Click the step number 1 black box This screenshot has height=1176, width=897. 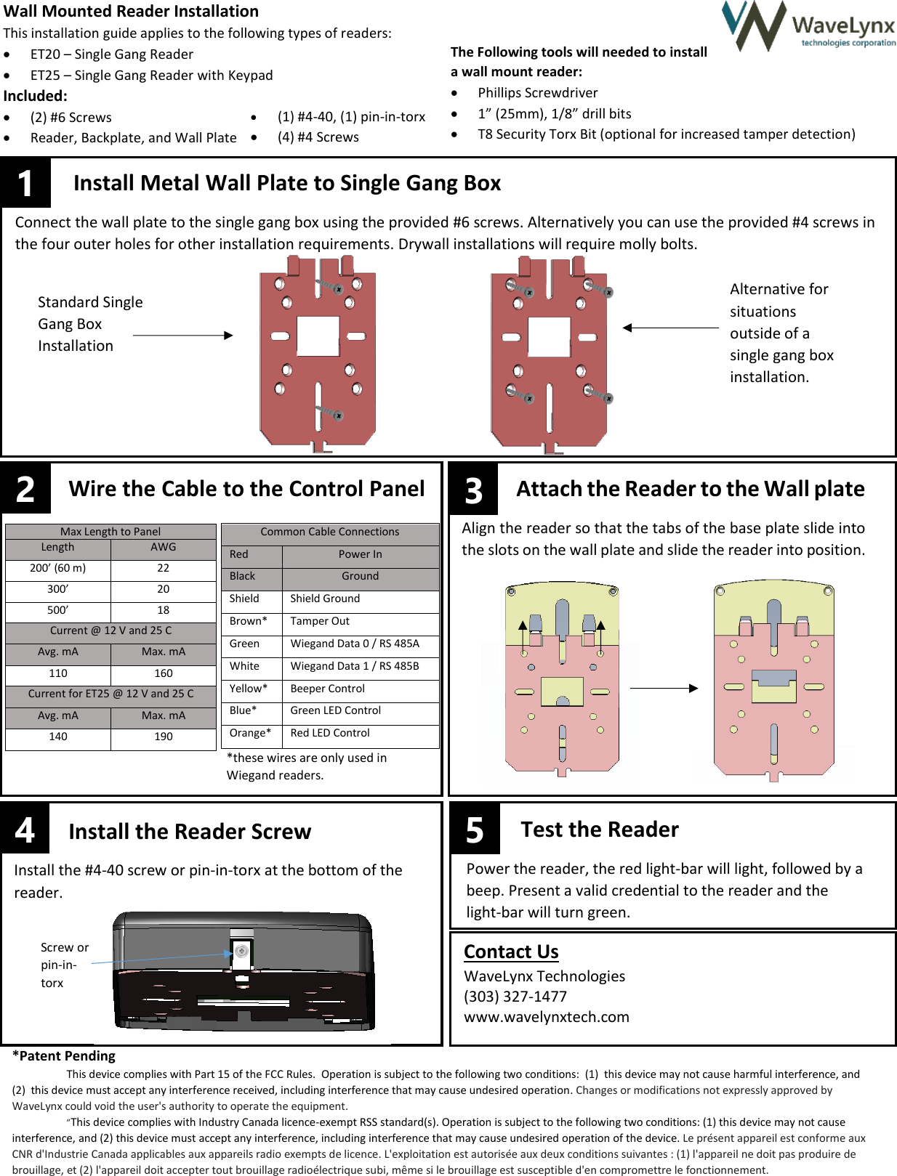coord(25,183)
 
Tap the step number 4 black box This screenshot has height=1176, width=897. coord(25,830)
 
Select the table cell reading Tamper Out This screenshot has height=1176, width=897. coord(320,621)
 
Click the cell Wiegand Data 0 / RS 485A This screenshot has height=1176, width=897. coord(354,644)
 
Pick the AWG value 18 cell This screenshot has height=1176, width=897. coord(164,610)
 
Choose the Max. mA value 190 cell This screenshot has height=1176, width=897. coord(164,737)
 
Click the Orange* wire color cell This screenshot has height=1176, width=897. coord(250,733)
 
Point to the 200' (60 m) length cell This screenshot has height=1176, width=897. coord(58,568)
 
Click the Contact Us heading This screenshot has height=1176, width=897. coord(511,952)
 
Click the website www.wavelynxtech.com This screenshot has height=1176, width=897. coord(546,1017)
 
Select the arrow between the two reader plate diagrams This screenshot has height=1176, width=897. coord(663,688)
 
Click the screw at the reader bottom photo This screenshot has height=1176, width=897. coord(242,951)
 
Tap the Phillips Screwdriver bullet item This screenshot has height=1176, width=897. coord(537,93)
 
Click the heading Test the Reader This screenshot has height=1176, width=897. coord(599,830)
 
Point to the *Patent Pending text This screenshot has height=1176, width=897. coord(64,1055)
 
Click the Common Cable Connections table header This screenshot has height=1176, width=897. coord(329,532)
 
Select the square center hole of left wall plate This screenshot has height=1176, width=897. coord(318,336)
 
